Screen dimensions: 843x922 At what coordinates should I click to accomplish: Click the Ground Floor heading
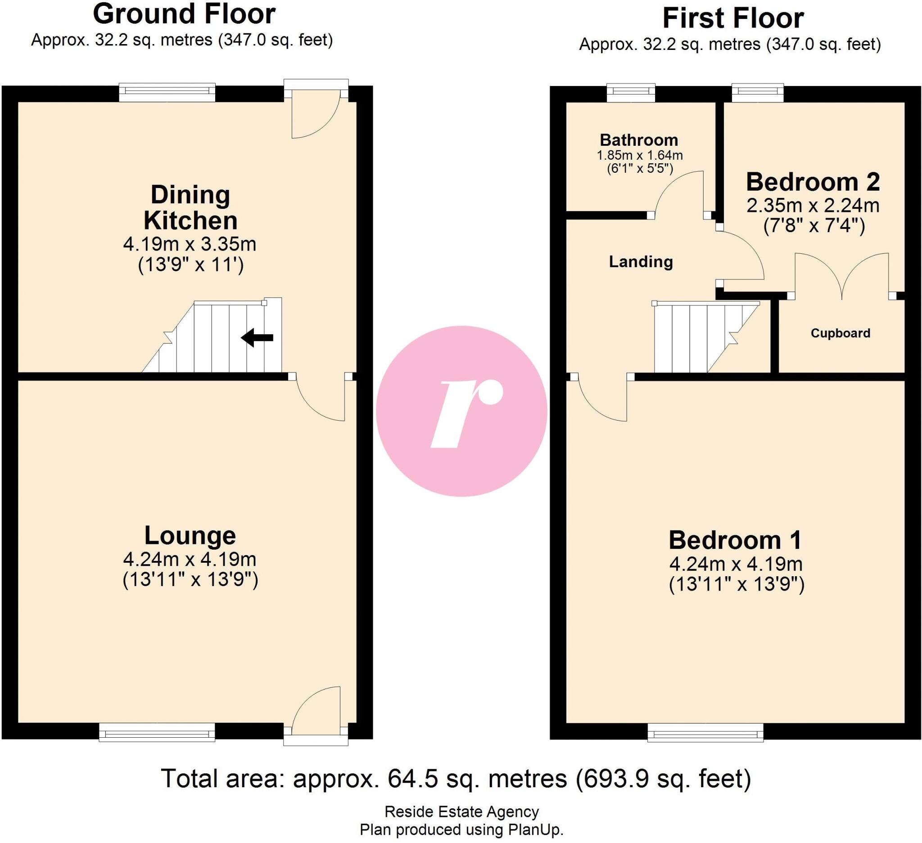click(x=184, y=13)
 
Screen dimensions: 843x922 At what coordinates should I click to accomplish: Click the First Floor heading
click(x=732, y=19)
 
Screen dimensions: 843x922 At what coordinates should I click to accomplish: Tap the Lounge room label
click(x=190, y=535)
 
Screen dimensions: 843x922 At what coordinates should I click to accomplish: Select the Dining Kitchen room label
click(x=190, y=207)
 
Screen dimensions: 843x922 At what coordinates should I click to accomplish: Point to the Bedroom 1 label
click(x=735, y=541)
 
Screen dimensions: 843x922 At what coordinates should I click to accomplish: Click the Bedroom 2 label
click(x=813, y=182)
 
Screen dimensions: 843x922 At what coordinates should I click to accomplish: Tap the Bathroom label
click(x=639, y=140)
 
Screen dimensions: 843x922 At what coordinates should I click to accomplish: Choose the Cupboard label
click(x=840, y=333)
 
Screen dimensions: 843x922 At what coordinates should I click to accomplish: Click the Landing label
click(x=641, y=262)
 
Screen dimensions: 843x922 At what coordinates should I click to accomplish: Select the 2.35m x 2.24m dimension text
click(x=813, y=206)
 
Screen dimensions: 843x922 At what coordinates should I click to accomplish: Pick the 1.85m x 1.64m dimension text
click(x=639, y=155)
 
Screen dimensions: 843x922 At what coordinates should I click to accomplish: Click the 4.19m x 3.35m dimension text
click(x=190, y=244)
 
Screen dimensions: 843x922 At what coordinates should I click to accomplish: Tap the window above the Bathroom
click(x=631, y=93)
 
